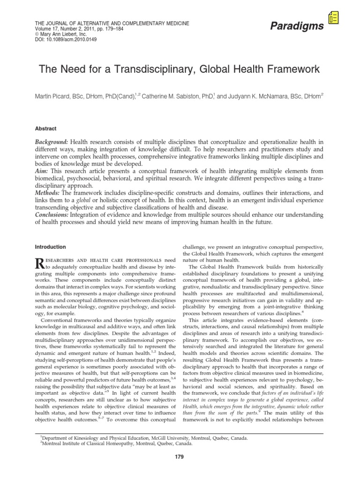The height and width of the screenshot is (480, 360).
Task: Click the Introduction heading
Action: [51, 247]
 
